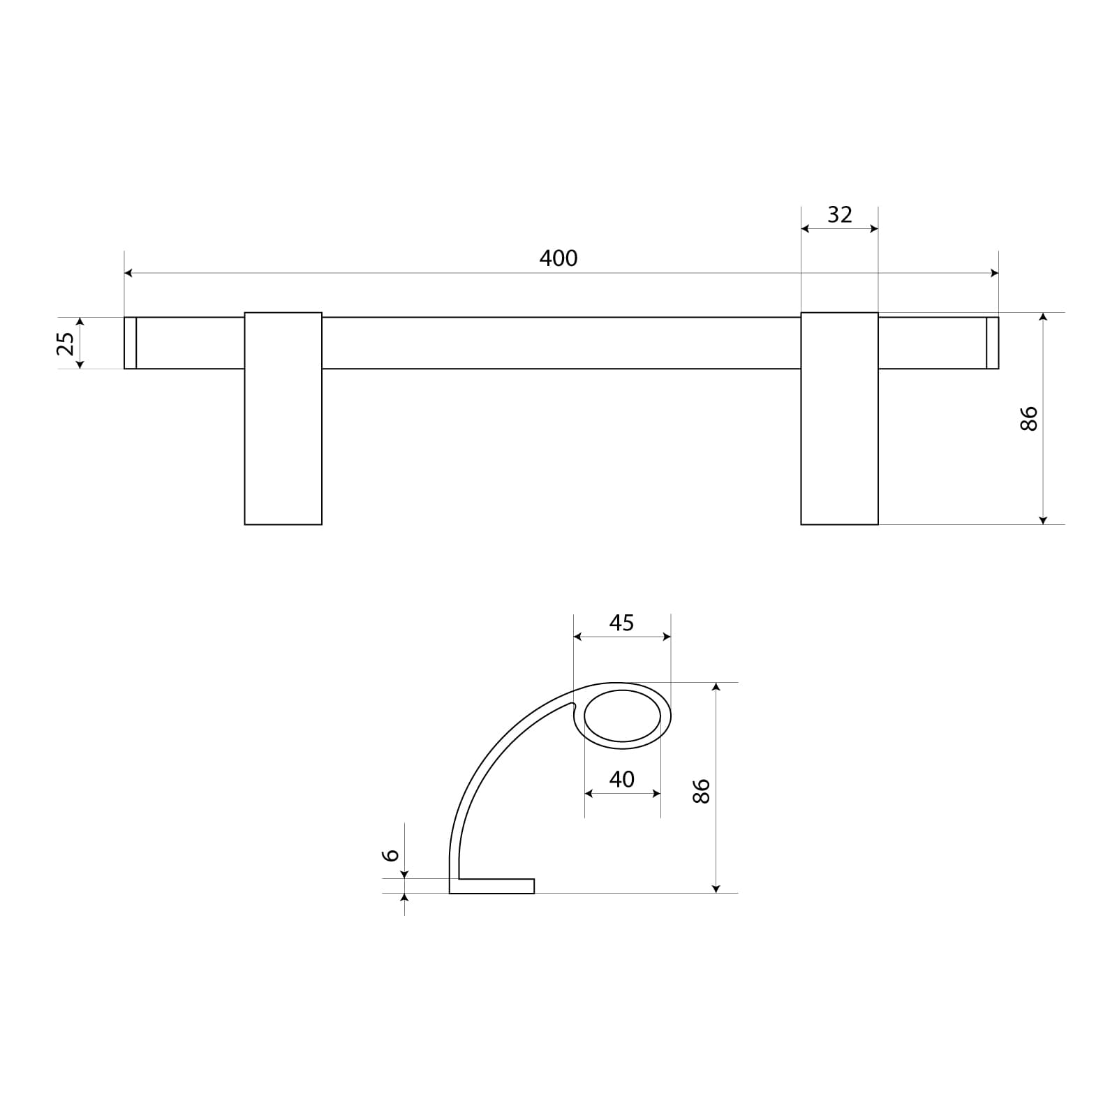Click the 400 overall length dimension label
tap(558, 258)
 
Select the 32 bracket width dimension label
tap(840, 214)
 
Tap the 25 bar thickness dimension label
tap(66, 343)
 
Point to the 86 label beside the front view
tap(1029, 418)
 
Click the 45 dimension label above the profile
tap(621, 622)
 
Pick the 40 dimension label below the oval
tap(621, 778)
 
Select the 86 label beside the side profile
tap(701, 790)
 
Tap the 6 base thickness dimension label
tap(392, 855)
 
